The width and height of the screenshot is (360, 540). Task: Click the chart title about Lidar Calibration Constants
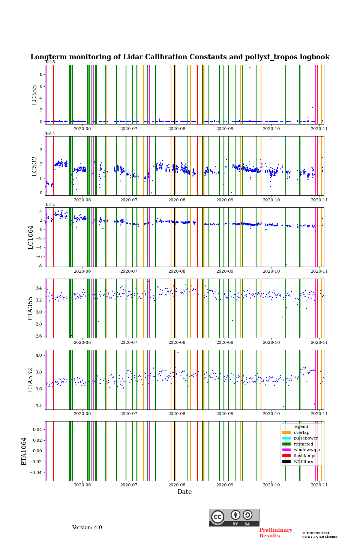[180, 57]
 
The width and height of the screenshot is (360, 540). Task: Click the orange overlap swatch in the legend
[286, 432]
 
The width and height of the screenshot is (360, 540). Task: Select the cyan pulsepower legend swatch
[286, 438]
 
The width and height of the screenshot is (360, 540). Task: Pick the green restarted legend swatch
[286, 444]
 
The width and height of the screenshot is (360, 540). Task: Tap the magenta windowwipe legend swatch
[286, 450]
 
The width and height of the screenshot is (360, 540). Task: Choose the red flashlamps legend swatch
[286, 456]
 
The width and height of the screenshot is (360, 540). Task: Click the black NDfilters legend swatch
[286, 462]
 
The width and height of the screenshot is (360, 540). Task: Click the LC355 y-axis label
[34, 95]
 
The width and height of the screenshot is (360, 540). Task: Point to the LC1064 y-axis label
[31, 237]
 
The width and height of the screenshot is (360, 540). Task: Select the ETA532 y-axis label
[31, 380]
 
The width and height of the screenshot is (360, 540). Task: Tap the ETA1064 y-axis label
[24, 451]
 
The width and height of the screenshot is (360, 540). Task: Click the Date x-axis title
[184, 492]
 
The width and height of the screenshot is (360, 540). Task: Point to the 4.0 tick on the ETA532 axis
[39, 355]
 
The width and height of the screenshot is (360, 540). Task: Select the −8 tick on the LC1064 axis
[40, 266]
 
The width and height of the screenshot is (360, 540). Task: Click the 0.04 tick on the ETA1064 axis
[37, 429]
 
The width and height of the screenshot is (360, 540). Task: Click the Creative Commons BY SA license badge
[234, 517]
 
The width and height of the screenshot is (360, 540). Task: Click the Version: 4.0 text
[87, 528]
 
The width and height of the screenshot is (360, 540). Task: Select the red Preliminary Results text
[276, 533]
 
